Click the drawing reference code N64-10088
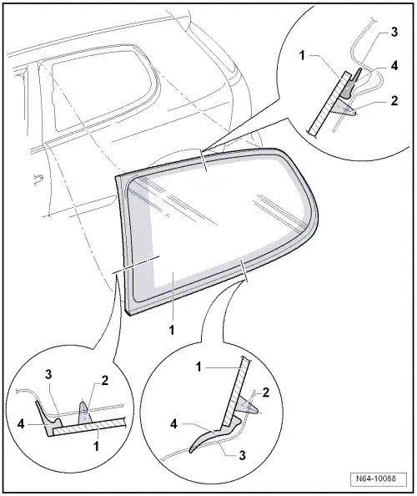click(382, 480)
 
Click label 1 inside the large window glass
click(172, 330)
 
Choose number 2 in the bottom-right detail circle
click(266, 392)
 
